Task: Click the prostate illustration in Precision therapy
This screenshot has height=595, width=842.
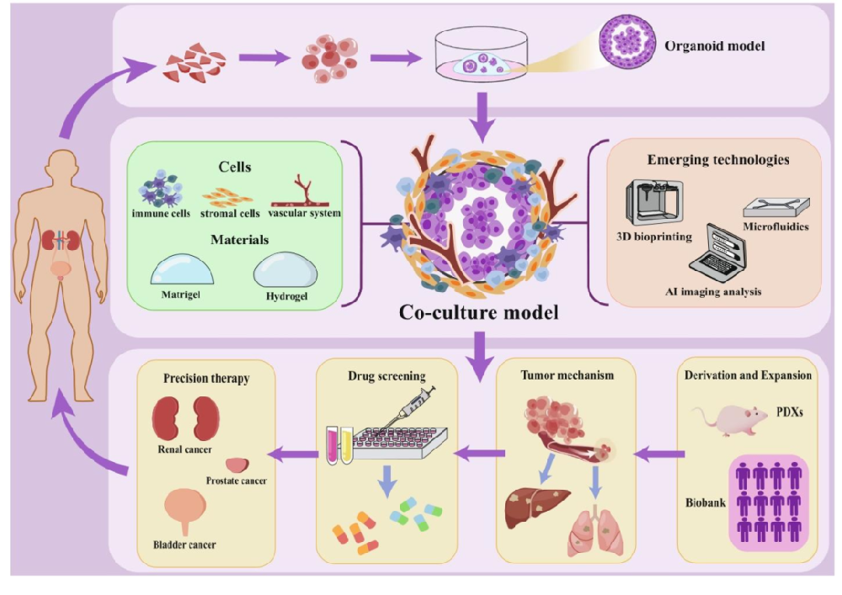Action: (237, 464)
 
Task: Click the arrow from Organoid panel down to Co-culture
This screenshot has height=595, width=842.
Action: (480, 119)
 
